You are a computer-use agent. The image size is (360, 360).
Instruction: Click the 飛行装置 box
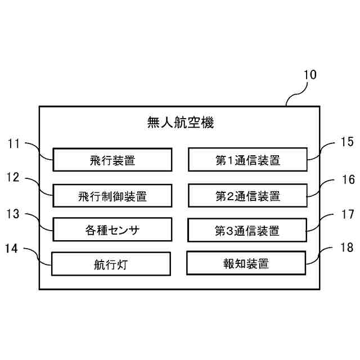click(x=112, y=160)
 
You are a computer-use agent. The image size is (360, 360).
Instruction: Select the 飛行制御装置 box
click(x=112, y=196)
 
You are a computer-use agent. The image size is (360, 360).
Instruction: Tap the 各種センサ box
click(x=112, y=229)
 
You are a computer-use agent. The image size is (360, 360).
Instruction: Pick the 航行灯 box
click(x=111, y=264)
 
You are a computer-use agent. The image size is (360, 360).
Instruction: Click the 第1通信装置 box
click(x=247, y=160)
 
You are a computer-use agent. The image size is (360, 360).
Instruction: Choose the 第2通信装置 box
click(x=247, y=196)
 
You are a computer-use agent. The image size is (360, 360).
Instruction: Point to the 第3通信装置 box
click(x=247, y=230)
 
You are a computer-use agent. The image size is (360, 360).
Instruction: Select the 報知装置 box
click(x=246, y=263)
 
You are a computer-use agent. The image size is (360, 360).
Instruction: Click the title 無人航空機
click(x=180, y=122)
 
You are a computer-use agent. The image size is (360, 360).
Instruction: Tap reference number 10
click(x=310, y=75)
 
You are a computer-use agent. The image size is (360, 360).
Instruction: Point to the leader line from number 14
click(x=39, y=254)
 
